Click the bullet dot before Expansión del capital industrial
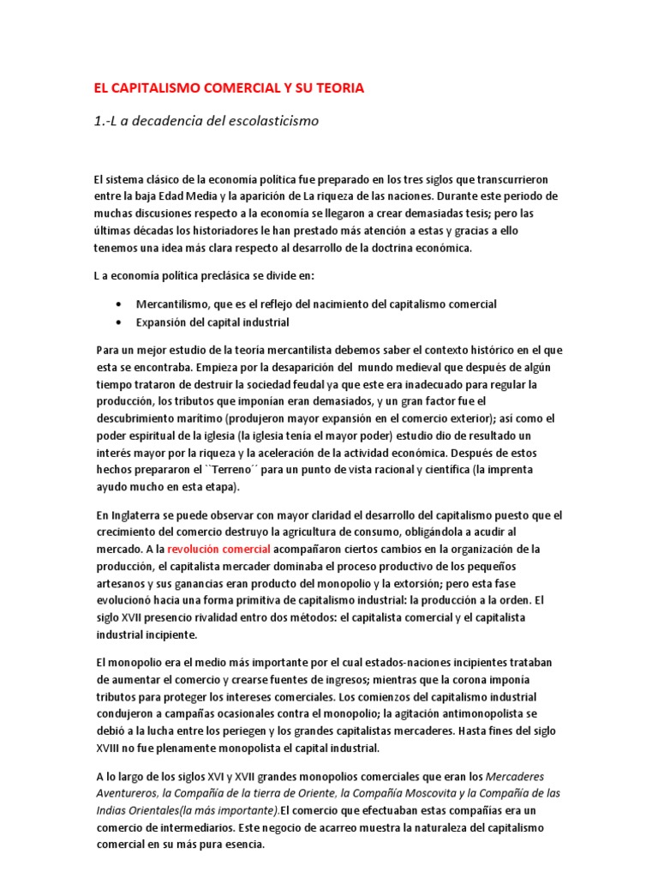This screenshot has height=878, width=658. tap(117, 322)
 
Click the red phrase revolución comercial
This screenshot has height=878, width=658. tap(219, 549)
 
